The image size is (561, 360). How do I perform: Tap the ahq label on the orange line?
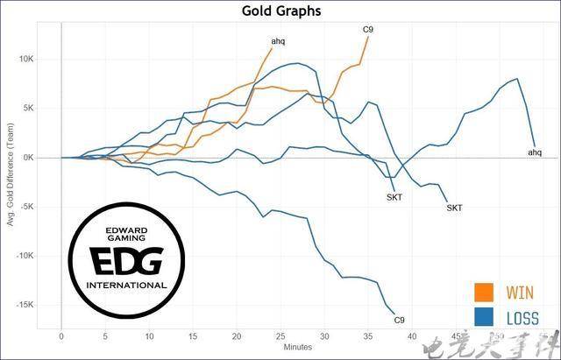point(278,41)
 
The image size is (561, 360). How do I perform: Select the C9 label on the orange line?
point(369,30)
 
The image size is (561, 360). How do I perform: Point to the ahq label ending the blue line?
point(535,152)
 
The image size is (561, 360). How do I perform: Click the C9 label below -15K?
point(399,319)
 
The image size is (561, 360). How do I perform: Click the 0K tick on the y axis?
point(48,158)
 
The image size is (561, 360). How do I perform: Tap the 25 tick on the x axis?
point(281,336)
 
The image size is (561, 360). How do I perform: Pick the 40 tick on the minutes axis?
point(413,336)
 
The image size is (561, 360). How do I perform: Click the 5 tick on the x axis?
point(105,336)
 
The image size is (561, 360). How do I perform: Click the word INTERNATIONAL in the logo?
point(126,285)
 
